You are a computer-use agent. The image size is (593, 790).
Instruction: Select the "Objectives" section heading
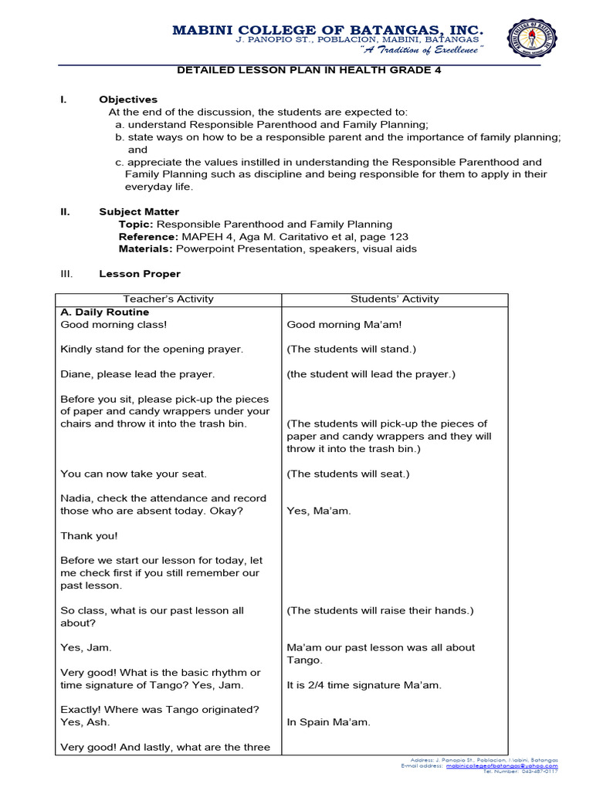click(128, 100)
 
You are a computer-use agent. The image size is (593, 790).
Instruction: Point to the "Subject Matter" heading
click(139, 211)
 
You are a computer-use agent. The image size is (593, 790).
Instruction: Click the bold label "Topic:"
click(136, 225)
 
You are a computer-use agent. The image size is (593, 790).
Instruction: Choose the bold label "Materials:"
click(146, 249)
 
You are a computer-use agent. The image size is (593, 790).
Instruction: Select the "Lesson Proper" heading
click(140, 274)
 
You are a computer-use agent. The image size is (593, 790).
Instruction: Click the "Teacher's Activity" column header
click(168, 299)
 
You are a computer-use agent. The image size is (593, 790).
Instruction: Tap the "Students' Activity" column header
click(395, 299)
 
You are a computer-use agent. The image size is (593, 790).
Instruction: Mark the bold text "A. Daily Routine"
click(105, 312)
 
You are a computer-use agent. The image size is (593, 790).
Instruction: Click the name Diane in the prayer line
click(76, 374)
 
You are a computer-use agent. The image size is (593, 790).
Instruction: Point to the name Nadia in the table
click(76, 498)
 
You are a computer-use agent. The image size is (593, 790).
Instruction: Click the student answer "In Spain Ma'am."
click(328, 722)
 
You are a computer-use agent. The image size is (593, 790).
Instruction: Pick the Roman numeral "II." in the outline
click(66, 211)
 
